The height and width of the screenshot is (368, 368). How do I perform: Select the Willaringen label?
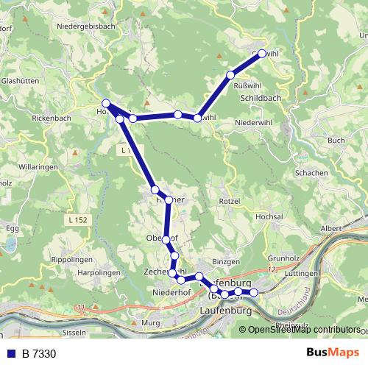[x=38, y=167]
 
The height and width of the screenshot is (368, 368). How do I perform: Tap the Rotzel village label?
[x=230, y=201]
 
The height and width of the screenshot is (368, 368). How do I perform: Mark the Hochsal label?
[x=269, y=219]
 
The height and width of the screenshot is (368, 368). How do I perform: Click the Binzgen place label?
[x=225, y=261]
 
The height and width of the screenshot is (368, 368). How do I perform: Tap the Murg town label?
[x=150, y=323]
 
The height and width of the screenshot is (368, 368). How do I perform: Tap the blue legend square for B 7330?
[x=10, y=354]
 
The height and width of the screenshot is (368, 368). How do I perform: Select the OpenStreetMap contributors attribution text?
[x=304, y=330]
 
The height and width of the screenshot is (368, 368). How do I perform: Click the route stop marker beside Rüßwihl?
[x=230, y=75]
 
